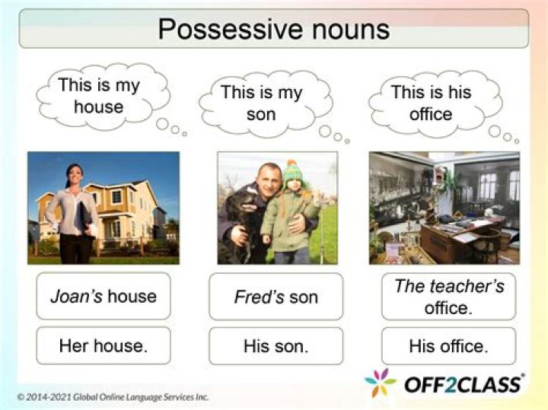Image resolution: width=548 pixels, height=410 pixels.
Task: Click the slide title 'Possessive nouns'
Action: tap(273, 29)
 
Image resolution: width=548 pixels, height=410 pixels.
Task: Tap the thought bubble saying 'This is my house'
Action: tap(99, 96)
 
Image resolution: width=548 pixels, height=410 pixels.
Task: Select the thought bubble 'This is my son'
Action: tap(261, 103)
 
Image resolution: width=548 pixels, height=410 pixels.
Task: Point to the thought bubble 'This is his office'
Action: tap(431, 103)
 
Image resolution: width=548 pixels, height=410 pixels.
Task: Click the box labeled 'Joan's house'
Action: tap(104, 296)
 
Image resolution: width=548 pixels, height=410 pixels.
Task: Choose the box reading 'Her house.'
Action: tap(104, 346)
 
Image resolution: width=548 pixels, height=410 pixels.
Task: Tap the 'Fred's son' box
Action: tap(276, 296)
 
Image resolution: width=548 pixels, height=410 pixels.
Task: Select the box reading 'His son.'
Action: tap(276, 346)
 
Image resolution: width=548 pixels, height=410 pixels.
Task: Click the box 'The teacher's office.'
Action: tap(448, 296)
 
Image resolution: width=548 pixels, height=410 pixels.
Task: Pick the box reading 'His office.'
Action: tap(448, 346)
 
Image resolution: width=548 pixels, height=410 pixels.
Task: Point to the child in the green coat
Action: tap(288, 213)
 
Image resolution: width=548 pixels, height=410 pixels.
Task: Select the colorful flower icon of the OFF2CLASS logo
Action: tap(380, 382)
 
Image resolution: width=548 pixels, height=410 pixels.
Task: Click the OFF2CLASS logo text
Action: tap(463, 383)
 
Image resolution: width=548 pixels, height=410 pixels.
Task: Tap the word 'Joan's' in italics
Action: tap(75, 296)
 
